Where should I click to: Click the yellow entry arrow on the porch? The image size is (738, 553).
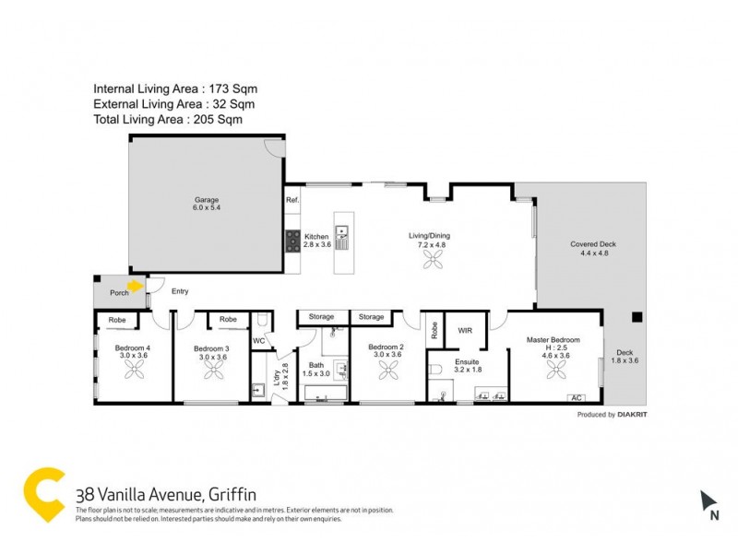coord(137,286)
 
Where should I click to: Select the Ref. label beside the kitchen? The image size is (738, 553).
coord(292,200)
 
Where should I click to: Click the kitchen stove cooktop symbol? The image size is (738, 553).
coord(292,242)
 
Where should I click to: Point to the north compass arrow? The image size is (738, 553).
coord(708,501)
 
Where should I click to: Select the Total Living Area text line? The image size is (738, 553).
coord(168,120)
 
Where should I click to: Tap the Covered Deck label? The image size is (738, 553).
coord(592,244)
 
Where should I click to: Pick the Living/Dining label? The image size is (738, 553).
coord(427,236)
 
